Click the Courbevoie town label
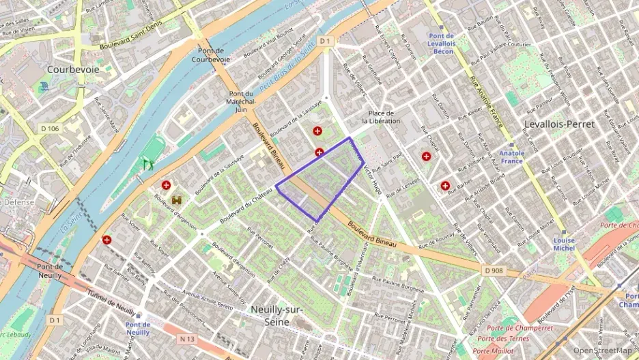73,70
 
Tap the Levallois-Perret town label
559,124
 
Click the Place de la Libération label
381,117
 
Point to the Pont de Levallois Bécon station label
443,43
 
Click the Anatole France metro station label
512,157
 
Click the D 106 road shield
50,128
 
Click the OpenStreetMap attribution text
602,350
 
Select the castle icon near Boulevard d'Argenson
177,200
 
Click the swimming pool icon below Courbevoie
44,87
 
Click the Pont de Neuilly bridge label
50,271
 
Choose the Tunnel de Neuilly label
111,302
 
